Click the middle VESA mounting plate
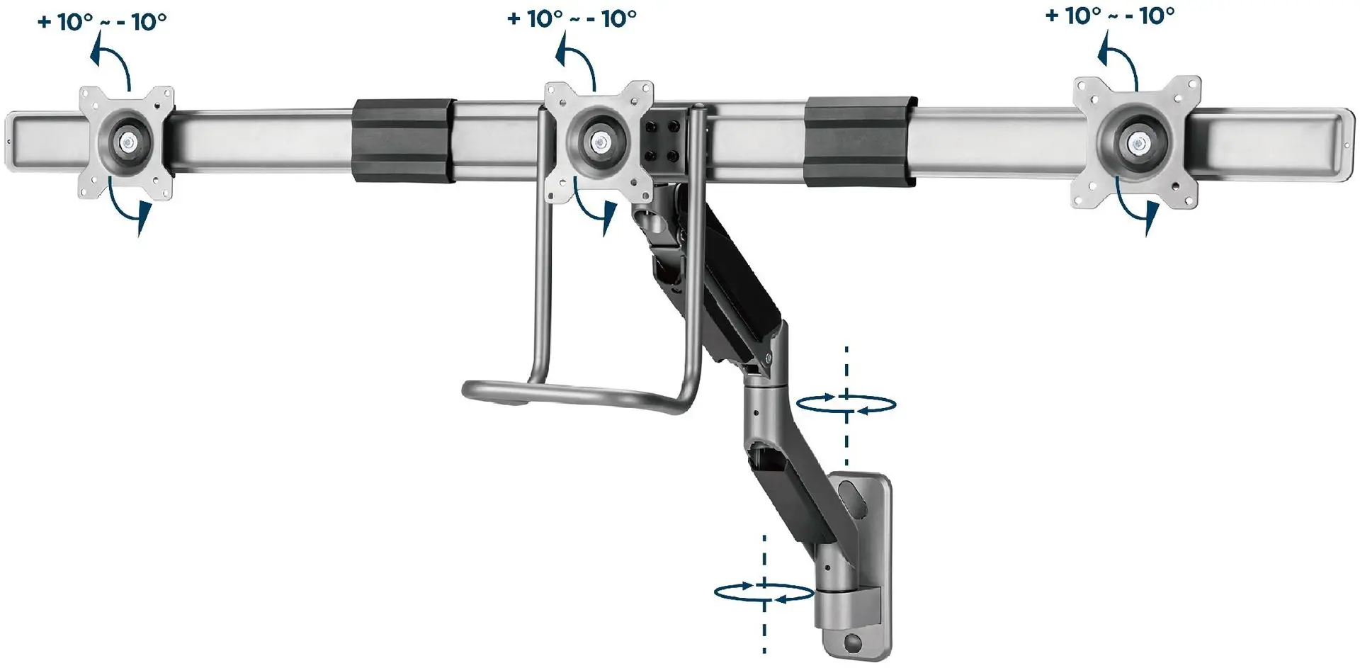click(x=599, y=142)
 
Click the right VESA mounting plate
click(x=1136, y=142)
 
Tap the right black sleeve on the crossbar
click(x=860, y=142)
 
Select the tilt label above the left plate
click(x=102, y=21)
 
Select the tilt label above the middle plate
click(x=572, y=18)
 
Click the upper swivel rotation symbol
click(x=846, y=404)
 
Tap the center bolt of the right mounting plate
click(x=1138, y=143)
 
